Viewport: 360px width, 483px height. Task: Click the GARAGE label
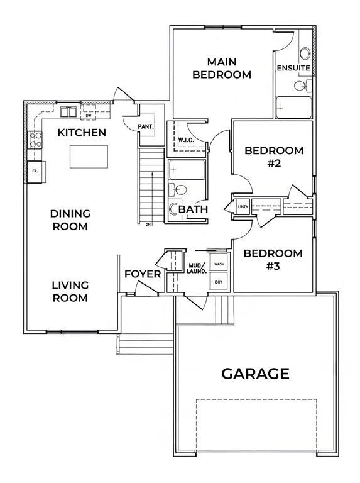pyautogui.click(x=255, y=374)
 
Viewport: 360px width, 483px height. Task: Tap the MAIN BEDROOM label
pyautogui.click(x=222, y=68)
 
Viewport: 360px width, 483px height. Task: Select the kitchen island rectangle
pyautogui.click(x=89, y=157)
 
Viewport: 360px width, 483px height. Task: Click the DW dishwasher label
pyautogui.click(x=89, y=116)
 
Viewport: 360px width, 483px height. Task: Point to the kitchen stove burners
pyautogui.click(x=36, y=140)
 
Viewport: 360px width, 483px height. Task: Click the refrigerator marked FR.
pyautogui.click(x=36, y=172)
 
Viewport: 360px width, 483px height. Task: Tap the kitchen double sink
pyautogui.click(x=68, y=112)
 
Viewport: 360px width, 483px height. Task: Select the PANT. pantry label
pyautogui.click(x=146, y=126)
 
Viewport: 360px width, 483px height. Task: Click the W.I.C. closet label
pyautogui.click(x=186, y=140)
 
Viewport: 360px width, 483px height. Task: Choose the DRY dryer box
pyautogui.click(x=219, y=281)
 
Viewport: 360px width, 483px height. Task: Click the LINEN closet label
pyautogui.click(x=243, y=206)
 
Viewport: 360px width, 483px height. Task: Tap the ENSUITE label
pyautogui.click(x=293, y=68)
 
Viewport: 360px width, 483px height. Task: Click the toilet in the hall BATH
pyautogui.click(x=178, y=190)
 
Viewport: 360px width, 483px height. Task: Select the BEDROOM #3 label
pyautogui.click(x=273, y=259)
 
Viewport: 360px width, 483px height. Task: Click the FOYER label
pyautogui.click(x=143, y=274)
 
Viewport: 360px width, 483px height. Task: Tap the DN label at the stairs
pyautogui.click(x=148, y=225)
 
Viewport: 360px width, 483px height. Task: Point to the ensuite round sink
pyautogui.click(x=305, y=53)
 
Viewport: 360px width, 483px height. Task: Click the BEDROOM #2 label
pyautogui.click(x=274, y=157)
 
